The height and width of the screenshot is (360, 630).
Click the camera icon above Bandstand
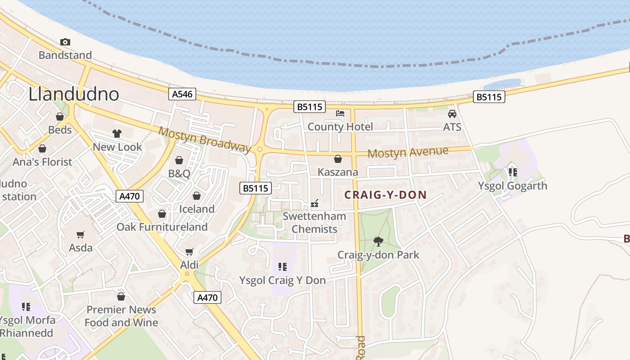[65, 42]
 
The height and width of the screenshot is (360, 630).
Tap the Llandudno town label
[74, 94]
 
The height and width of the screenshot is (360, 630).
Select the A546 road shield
[182, 94]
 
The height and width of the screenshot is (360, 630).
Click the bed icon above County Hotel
[340, 113]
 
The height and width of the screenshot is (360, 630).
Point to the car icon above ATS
[452, 114]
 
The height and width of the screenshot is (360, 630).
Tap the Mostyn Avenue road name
[408, 153]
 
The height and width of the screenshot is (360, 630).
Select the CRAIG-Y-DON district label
[385, 195]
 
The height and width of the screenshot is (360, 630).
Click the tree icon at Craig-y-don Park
[378, 242]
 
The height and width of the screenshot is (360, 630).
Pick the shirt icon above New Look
[117, 134]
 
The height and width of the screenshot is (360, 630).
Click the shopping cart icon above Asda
[81, 234]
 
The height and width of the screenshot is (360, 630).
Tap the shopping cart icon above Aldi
[189, 252]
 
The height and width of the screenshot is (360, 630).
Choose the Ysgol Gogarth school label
[512, 186]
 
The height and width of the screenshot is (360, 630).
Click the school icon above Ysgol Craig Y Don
[282, 267]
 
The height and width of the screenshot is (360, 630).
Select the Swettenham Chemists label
[314, 222]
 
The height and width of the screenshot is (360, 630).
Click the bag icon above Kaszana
[338, 159]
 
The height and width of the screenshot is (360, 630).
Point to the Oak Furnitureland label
[162, 227]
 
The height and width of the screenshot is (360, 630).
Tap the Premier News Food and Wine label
[121, 316]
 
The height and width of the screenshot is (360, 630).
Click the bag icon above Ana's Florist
[42, 148]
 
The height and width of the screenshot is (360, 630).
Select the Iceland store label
[197, 209]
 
